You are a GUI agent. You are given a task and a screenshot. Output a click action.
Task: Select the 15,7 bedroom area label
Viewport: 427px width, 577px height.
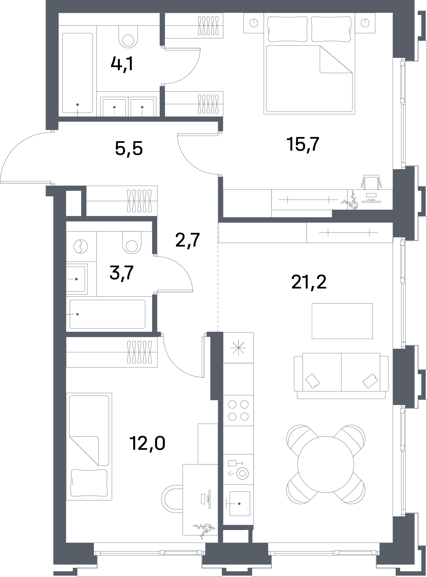point(303,145)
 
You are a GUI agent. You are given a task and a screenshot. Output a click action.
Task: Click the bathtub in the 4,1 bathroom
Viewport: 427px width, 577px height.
point(77,73)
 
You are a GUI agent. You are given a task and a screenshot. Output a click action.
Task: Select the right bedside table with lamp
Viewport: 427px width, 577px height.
point(365,23)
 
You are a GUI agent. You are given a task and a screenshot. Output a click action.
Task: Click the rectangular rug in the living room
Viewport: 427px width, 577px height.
point(342,321)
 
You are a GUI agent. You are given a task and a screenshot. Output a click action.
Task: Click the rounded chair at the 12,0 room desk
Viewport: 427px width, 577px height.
point(172,498)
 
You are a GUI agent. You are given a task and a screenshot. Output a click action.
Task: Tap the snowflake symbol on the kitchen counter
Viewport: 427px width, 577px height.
point(238,348)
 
